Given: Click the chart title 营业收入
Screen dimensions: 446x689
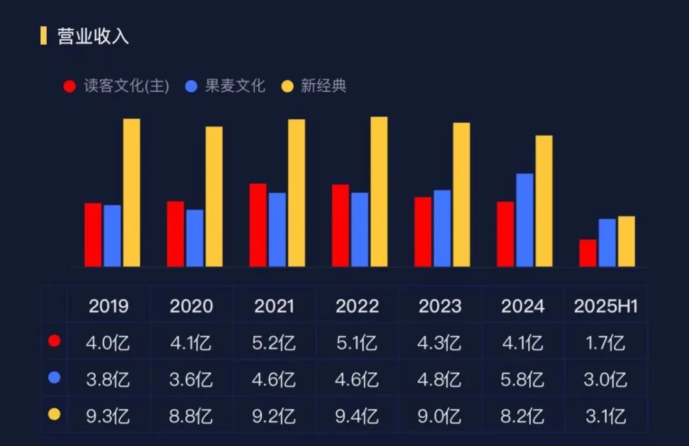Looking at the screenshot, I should [93, 36].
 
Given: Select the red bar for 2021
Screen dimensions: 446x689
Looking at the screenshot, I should [258, 225].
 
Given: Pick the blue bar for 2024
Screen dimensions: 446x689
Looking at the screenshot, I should [524, 219].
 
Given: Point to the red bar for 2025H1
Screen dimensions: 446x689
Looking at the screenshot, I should [588, 253].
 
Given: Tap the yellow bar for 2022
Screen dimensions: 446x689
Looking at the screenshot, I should [379, 191].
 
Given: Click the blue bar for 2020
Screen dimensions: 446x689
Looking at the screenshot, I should [195, 237].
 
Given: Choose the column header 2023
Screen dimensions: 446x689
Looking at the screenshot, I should [440, 306].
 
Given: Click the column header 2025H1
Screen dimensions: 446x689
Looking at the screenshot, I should [606, 306].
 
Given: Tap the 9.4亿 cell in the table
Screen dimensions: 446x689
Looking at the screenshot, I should [357, 417].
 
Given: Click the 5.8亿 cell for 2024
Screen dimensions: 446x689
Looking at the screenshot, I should [522, 380].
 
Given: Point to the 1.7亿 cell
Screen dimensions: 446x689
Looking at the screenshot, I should [605, 343].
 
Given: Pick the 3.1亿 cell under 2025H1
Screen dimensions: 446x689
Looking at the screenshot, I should [605, 417].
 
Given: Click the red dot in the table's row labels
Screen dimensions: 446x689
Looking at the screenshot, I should [55, 341].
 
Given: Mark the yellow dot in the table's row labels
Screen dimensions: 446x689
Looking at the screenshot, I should [55, 415].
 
